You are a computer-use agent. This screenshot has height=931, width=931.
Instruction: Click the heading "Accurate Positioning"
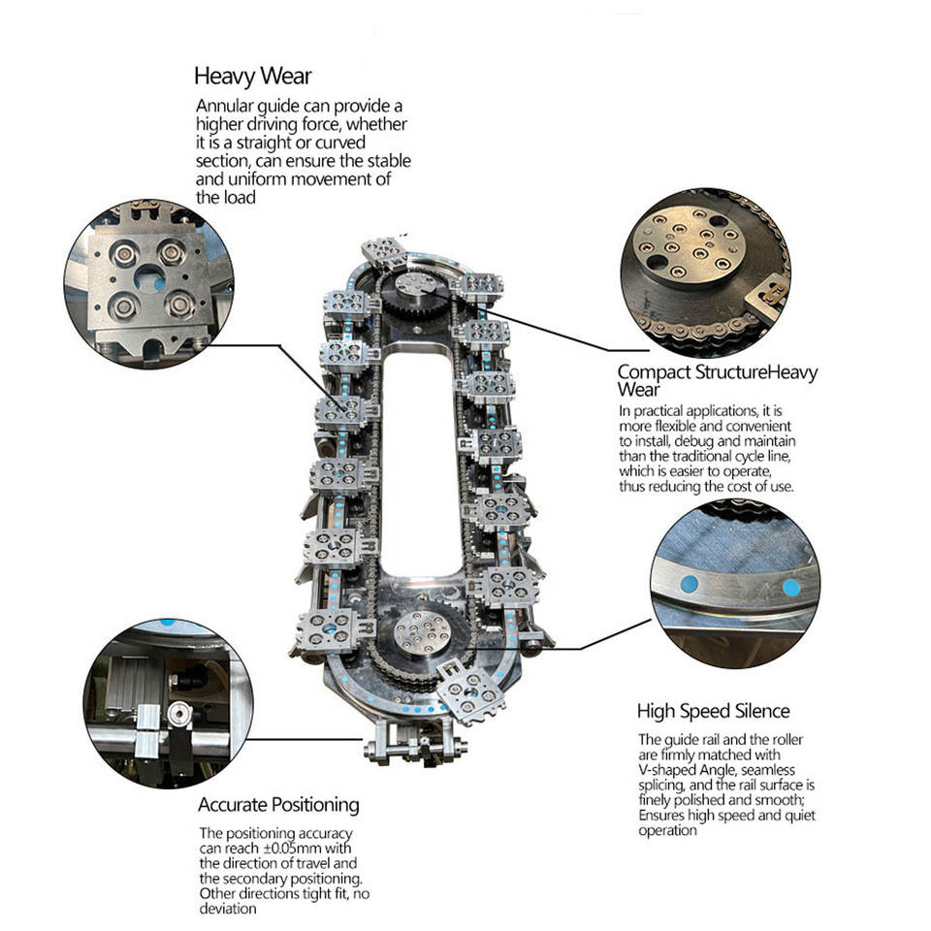coord(278,805)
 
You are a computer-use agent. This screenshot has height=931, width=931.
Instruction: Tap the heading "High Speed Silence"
coord(713,711)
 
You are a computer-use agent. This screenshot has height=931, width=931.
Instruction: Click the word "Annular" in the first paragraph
coord(225,106)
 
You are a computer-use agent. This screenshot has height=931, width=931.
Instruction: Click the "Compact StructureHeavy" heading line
coord(718,371)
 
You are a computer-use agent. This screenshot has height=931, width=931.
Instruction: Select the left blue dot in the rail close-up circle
coord(689,584)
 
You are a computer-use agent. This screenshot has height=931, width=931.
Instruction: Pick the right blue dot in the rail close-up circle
coord(791,588)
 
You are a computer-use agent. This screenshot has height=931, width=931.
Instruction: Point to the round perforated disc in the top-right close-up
coord(690,245)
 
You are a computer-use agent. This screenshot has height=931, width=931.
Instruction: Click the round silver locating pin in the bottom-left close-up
coord(178,715)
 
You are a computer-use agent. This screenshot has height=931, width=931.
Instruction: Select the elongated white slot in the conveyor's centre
coord(420,464)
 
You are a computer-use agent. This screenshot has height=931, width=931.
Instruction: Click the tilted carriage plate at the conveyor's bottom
coord(472,691)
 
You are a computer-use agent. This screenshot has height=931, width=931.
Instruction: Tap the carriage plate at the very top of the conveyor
coord(383,250)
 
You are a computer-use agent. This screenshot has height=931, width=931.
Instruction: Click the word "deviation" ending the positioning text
coord(228,909)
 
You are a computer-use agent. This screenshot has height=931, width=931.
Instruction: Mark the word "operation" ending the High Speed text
coord(667,830)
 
